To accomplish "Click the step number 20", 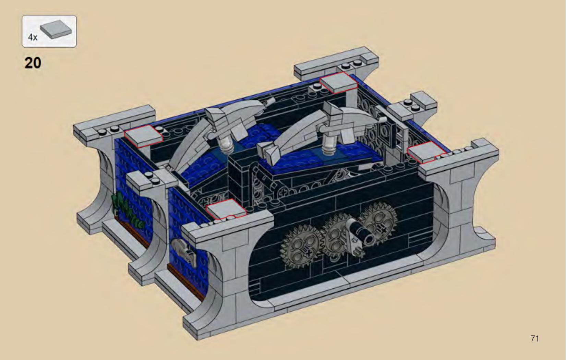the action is click(x=33, y=63).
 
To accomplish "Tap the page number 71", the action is click(x=535, y=338).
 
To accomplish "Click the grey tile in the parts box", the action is click(x=56, y=29).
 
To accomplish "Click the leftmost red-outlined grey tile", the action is click(x=143, y=136).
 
